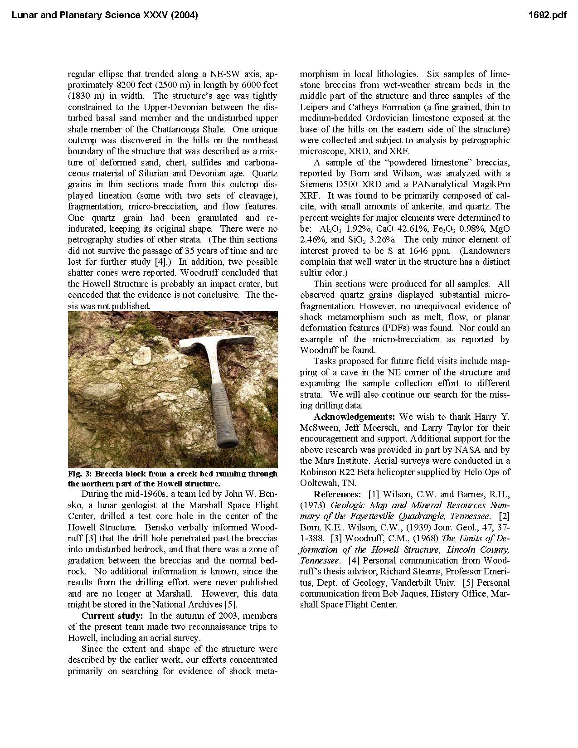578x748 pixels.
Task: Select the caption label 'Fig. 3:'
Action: pos(80,474)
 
